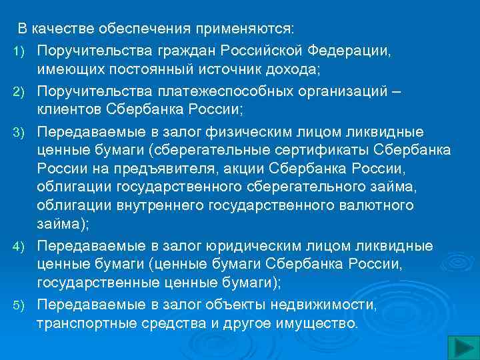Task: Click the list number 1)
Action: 19,51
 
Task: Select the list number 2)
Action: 19,91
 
